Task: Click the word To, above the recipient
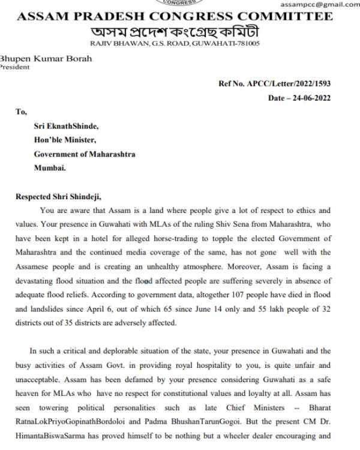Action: (x=22, y=112)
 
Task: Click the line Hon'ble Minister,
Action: (x=62, y=140)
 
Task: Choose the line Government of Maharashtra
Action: (x=85, y=154)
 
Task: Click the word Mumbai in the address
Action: (x=50, y=168)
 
